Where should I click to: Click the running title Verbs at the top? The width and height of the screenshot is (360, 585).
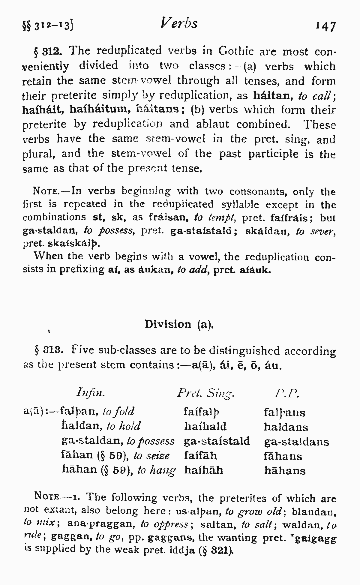tap(179, 23)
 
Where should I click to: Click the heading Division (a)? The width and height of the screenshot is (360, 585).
tap(179, 324)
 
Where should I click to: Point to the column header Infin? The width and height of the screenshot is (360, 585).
tap(90, 393)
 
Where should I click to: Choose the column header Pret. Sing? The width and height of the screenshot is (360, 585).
tap(206, 393)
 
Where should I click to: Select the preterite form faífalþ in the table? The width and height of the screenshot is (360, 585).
tap(202, 412)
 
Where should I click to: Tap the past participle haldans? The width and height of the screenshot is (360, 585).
tap(286, 427)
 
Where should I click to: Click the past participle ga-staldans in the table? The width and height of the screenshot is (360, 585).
tap(296, 442)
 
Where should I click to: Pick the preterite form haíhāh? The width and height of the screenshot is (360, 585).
tap(204, 470)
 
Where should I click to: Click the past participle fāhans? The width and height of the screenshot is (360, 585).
tap(283, 456)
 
